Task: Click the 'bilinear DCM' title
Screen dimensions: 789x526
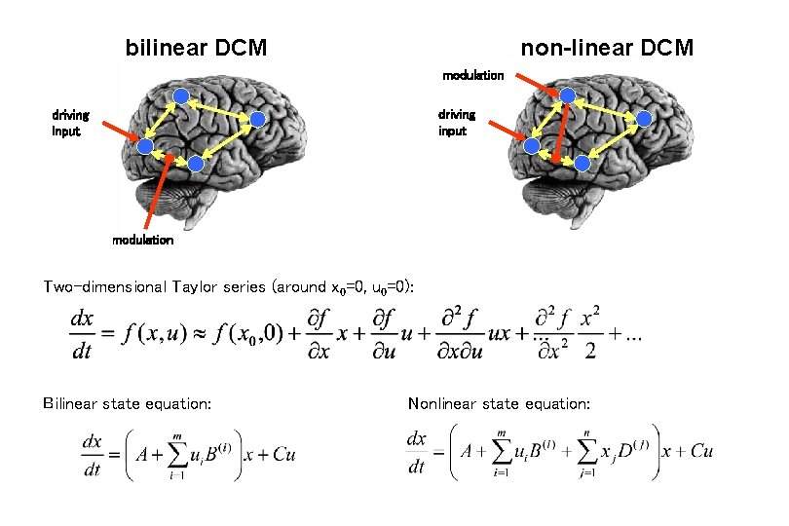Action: click(196, 47)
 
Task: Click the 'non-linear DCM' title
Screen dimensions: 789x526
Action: click(607, 47)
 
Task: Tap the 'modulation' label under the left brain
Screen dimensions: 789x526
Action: click(142, 240)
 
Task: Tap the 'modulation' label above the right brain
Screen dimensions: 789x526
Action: click(472, 75)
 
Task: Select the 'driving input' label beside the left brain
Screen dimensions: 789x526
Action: click(70, 122)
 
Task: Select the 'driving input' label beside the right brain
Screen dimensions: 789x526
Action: click(456, 122)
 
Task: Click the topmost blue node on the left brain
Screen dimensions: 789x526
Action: click(182, 95)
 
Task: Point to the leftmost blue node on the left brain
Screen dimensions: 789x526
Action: click(144, 147)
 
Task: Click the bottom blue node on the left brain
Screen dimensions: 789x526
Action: click(196, 165)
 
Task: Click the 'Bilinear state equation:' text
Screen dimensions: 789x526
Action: click(128, 402)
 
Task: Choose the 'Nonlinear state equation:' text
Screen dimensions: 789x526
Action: click(499, 402)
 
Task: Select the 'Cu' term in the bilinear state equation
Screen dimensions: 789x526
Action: click(282, 454)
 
